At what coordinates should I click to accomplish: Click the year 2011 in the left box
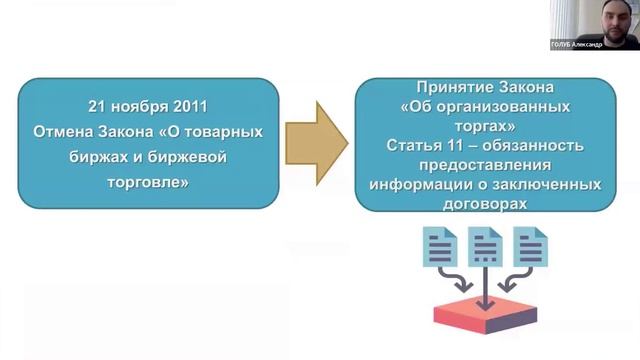pos(194,106)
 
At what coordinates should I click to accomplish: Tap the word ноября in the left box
pos(143,106)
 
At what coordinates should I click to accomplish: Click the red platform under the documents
pos(485,313)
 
